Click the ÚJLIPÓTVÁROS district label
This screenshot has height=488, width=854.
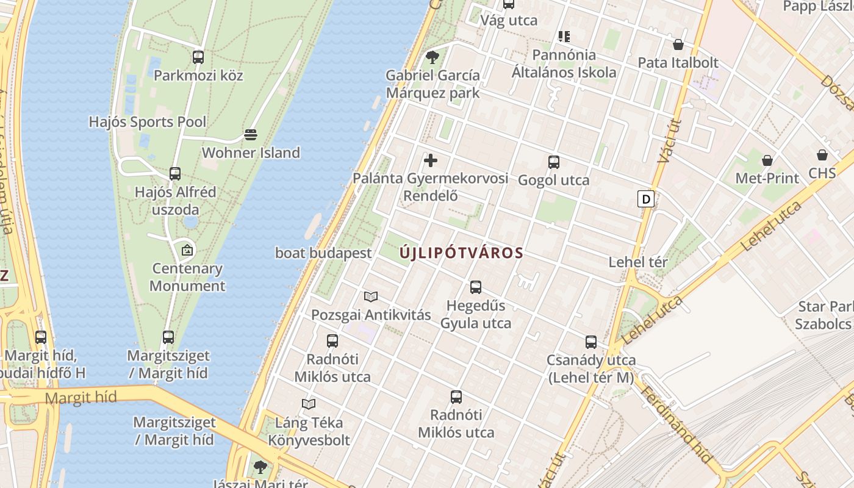(462, 253)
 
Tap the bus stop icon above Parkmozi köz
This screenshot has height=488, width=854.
(198, 57)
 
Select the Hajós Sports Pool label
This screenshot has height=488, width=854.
(148, 122)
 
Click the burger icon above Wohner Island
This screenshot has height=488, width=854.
(251, 134)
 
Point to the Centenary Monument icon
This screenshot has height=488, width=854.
(187, 249)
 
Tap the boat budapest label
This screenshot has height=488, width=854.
(323, 253)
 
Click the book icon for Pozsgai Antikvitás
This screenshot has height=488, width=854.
(371, 297)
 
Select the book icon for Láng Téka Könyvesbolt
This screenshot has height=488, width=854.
(309, 404)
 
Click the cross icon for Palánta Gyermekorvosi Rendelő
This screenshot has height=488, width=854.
(431, 160)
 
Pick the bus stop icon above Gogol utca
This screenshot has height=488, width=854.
(554, 162)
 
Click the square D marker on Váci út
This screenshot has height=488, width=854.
(645, 199)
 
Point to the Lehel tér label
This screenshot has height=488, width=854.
(638, 262)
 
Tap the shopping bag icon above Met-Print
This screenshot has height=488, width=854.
(767, 160)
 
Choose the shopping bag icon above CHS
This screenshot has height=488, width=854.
(822, 155)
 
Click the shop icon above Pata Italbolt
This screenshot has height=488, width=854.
(678, 45)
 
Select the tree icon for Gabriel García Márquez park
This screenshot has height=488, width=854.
(432, 57)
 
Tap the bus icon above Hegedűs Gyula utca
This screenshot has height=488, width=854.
(476, 287)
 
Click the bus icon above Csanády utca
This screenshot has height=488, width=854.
(591, 342)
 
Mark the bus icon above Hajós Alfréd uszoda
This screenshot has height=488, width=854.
(175, 174)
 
